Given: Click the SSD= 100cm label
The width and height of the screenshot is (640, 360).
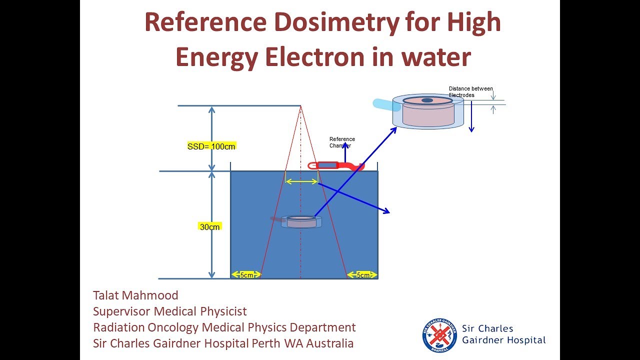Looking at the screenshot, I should pyautogui.click(x=211, y=146).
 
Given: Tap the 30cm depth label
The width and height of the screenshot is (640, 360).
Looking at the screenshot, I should pyautogui.click(x=210, y=227).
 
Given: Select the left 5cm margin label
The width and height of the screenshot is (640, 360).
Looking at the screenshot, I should pyautogui.click(x=246, y=275).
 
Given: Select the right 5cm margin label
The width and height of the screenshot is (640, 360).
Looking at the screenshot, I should pyautogui.click(x=363, y=275).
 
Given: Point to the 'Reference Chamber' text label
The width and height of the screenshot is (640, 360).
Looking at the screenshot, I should pyautogui.click(x=342, y=142).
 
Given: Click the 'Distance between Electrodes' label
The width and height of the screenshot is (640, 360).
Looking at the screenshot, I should pyautogui.click(x=470, y=92).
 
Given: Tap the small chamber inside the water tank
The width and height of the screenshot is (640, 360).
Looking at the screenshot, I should pyautogui.click(x=301, y=221).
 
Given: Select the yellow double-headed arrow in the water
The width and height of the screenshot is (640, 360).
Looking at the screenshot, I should pyautogui.click(x=301, y=182).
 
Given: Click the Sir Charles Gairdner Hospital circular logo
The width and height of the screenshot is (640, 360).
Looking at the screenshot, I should pyautogui.click(x=439, y=334).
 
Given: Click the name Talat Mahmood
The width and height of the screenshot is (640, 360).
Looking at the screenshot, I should pyautogui.click(x=135, y=295).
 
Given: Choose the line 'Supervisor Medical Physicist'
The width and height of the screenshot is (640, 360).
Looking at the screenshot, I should pyautogui.click(x=169, y=311).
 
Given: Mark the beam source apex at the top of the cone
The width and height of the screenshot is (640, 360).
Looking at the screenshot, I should pyautogui.click(x=300, y=106).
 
